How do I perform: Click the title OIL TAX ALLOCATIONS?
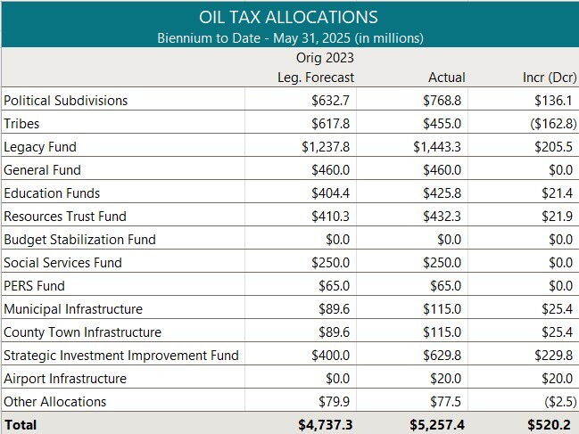pos(289,17)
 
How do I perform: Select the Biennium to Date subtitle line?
pos(289,37)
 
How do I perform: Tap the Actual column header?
pos(446,78)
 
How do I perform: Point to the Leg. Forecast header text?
pos(316,78)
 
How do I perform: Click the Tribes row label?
pos(21,124)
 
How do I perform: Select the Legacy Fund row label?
pos(40,147)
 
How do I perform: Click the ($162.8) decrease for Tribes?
pos(544,124)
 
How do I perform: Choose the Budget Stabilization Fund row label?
pos(79,240)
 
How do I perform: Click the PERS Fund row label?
pos(34,286)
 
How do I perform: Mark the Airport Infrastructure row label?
pos(65,379)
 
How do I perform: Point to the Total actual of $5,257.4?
pos(435,425)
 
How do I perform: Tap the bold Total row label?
pos(21,425)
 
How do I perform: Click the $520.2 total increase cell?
pos(548,425)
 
